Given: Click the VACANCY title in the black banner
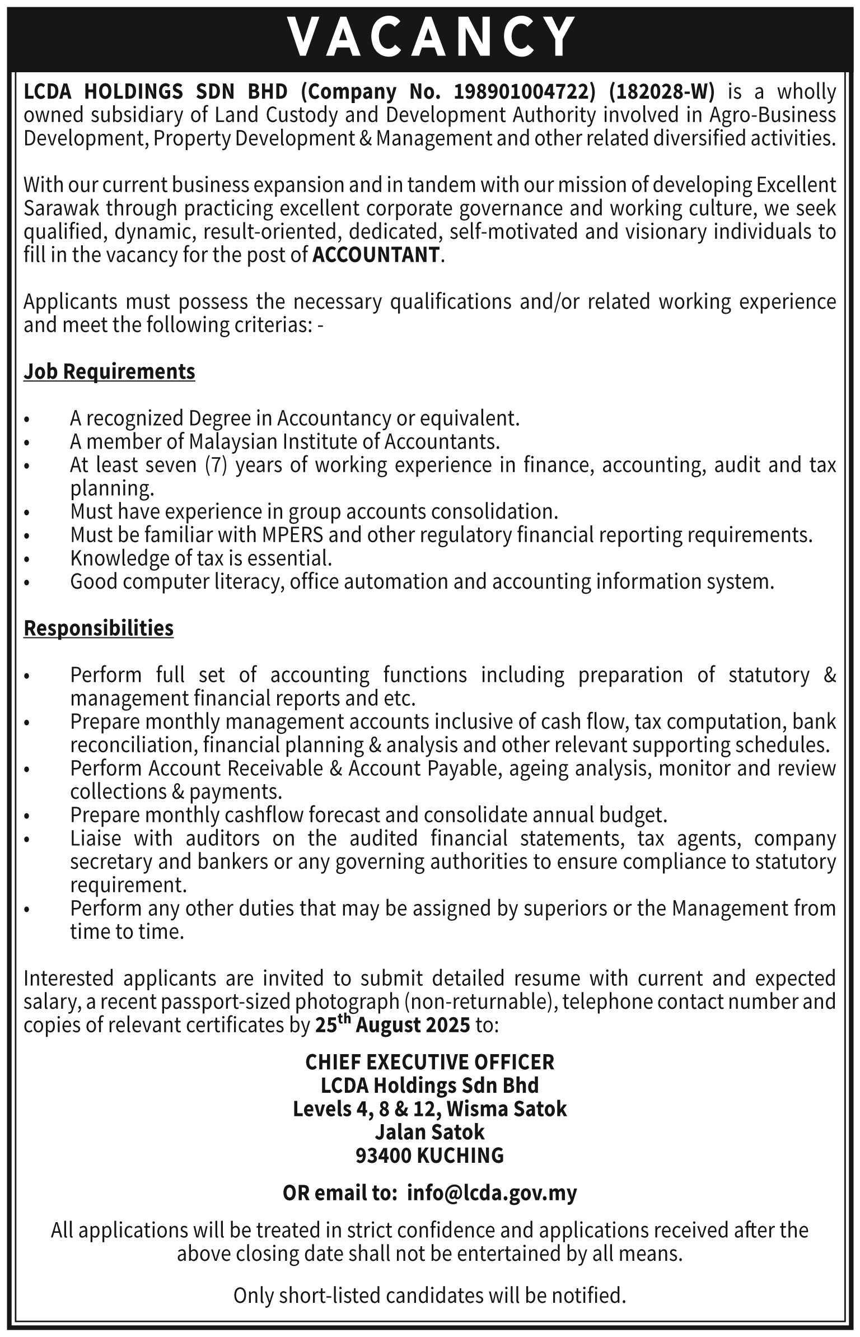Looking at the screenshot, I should click(430, 37).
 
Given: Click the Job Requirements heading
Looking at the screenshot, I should click(109, 371).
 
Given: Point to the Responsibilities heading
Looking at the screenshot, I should click(99, 628).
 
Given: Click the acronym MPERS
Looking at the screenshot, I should click(292, 535).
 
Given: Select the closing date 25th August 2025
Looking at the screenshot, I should click(392, 1024).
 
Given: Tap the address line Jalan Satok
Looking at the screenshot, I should click(430, 1132).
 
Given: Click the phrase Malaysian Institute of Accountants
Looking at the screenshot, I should click(343, 442).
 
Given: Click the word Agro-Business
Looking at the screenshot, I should click(773, 115).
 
